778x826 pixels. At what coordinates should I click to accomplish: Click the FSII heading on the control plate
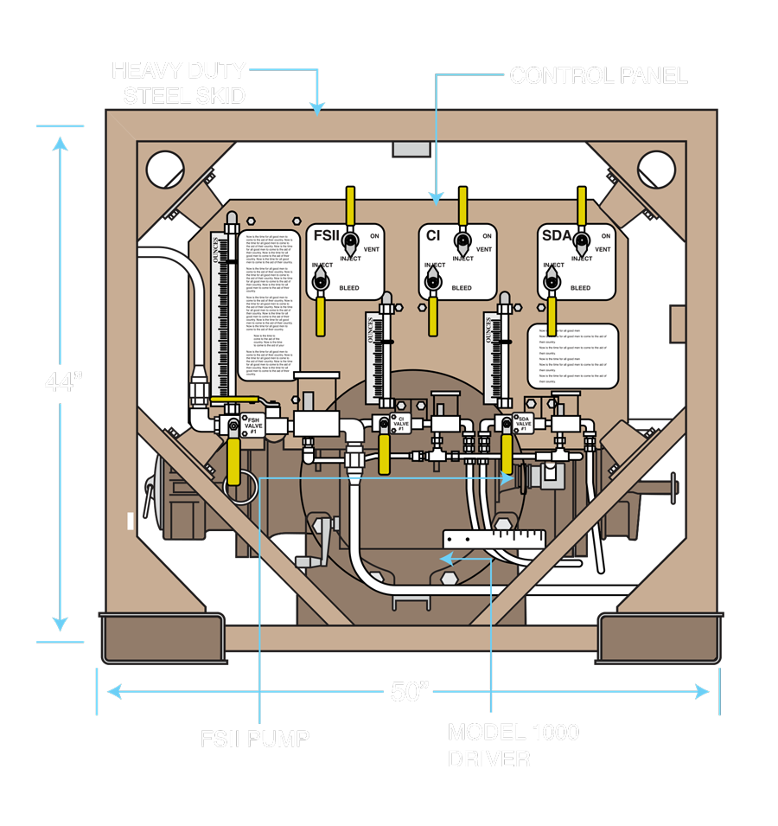click(327, 235)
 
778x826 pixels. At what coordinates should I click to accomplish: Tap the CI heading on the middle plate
click(434, 235)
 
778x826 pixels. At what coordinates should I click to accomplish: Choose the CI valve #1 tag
click(400, 423)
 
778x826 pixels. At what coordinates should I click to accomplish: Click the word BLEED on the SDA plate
click(580, 287)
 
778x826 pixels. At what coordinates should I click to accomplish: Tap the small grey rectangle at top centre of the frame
click(411, 149)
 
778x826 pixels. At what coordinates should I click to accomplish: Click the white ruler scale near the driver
click(493, 538)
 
